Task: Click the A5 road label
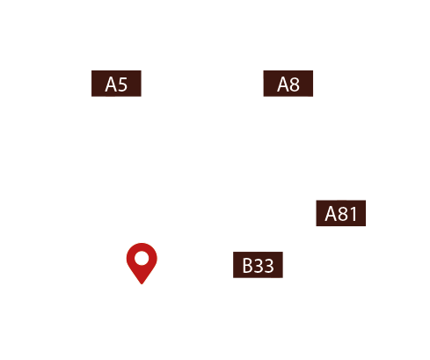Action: [x=116, y=84]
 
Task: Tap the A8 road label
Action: [x=288, y=84]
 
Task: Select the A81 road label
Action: [x=341, y=214]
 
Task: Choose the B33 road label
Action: [x=258, y=265]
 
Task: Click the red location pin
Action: [x=141, y=261]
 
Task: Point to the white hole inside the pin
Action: [x=141, y=258]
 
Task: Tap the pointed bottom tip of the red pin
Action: [x=141, y=283]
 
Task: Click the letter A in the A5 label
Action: [x=111, y=84]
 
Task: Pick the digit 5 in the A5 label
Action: [x=122, y=84]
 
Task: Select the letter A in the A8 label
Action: [x=283, y=84]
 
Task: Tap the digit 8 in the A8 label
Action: [x=295, y=84]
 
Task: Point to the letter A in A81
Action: [x=332, y=215]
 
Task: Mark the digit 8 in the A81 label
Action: [x=343, y=215]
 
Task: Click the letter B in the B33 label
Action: [x=248, y=266]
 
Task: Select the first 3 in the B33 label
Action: [x=259, y=266]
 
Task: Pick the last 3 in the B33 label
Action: [x=269, y=266]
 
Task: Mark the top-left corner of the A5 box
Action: [x=92, y=71]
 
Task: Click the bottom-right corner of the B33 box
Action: [x=282, y=277]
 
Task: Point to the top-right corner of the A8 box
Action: [x=313, y=71]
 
